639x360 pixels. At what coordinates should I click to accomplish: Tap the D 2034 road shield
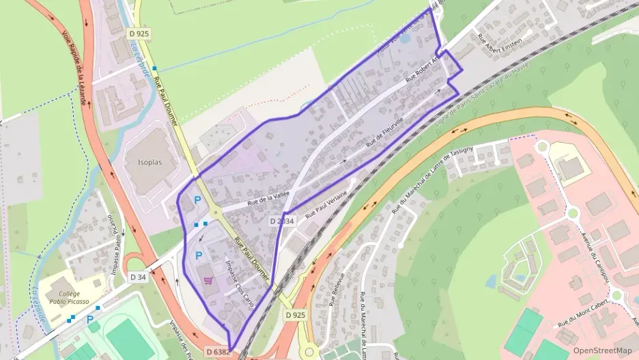pyautogui.click(x=281, y=221)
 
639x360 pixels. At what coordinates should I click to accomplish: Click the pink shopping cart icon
pyautogui.click(x=208, y=280)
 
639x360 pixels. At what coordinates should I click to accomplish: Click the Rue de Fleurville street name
pyautogui.click(x=385, y=134)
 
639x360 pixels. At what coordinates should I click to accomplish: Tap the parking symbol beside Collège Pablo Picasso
pyautogui.click(x=89, y=319)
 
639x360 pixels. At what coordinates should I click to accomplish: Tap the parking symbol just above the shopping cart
pyautogui.click(x=199, y=255)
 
